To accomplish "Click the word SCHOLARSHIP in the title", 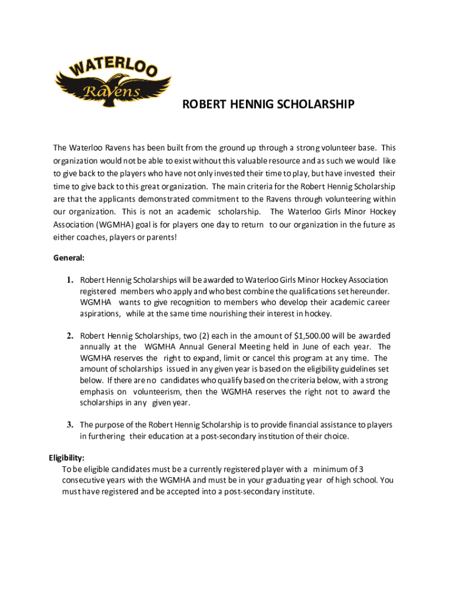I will pyautogui.click(x=309, y=105).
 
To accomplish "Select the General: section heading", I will pyautogui.click(x=69, y=257).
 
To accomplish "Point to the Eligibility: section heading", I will pyautogui.click(x=66, y=457).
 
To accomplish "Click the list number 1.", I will pyautogui.click(x=69, y=280).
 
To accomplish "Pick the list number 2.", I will pyautogui.click(x=69, y=336).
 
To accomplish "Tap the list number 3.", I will pyautogui.click(x=69, y=424).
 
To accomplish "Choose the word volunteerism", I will pyautogui.click(x=161, y=392).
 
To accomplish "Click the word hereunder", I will pyautogui.click(x=369, y=291).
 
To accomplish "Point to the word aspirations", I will pyautogui.click(x=101, y=313).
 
